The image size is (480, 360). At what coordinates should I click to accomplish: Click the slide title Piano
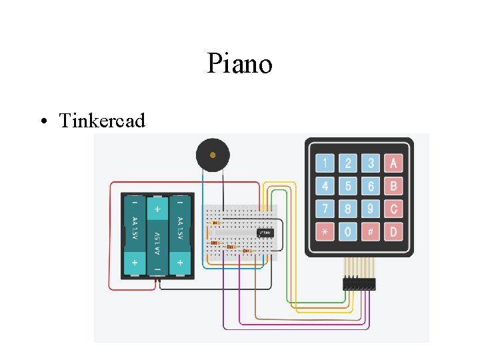point(239,65)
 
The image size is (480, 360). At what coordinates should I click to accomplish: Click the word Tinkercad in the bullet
point(101,121)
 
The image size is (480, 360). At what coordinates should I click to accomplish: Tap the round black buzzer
point(213,155)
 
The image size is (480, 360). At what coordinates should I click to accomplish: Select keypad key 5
point(347,186)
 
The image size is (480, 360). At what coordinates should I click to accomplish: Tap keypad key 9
point(371,209)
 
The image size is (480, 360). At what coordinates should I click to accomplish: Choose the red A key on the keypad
point(394,163)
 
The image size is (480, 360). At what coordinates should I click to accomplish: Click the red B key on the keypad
point(394,186)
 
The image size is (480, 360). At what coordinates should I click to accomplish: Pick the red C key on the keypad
point(394,209)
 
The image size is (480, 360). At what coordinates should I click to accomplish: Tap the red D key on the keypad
point(394,232)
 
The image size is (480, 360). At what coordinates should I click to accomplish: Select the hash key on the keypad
point(371,232)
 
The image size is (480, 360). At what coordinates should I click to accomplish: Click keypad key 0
point(347,232)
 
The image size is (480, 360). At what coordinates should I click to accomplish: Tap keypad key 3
point(371,163)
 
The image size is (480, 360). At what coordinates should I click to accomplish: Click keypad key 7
point(325,209)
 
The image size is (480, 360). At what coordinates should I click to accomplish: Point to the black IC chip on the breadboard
point(265,233)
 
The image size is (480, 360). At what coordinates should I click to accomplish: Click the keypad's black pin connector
point(359,284)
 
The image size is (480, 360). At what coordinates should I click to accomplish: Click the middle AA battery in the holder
point(157,235)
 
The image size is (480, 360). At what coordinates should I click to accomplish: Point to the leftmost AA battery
point(135,235)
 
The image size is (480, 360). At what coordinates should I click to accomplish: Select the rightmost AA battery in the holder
point(180,235)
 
